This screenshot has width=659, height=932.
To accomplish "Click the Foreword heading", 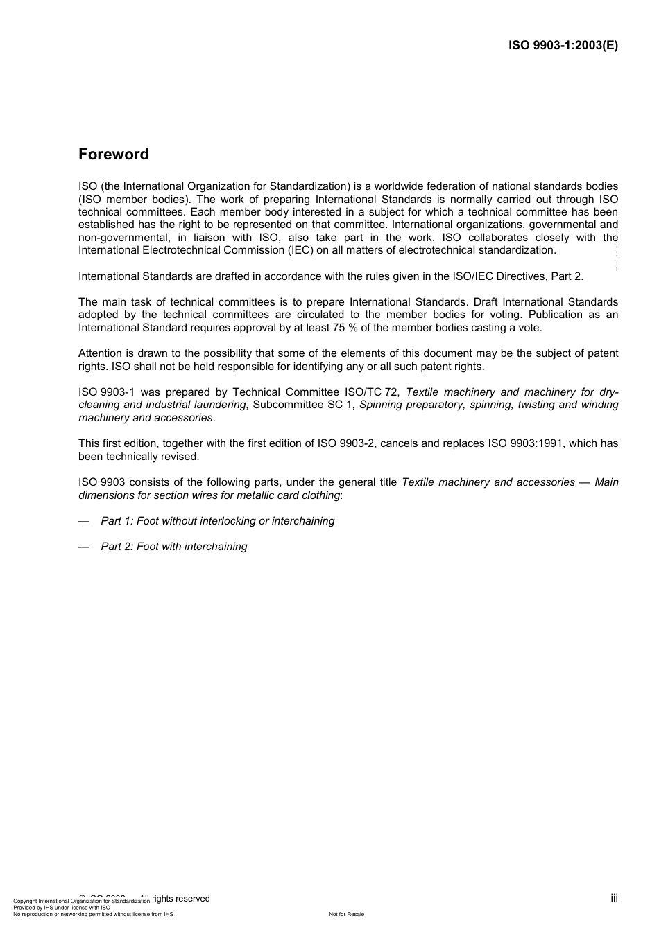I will pos(113,155).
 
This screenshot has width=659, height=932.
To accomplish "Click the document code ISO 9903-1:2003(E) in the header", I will pos(563,46).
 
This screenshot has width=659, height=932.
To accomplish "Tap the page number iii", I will pos(614,898).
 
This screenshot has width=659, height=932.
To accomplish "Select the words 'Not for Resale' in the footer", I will pos(346,914).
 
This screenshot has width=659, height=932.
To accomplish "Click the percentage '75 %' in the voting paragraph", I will pos(350,328).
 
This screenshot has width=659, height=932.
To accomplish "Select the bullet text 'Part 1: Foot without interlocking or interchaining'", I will pos(217,521).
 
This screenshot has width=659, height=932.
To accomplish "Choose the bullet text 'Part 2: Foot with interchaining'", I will pos(173,547).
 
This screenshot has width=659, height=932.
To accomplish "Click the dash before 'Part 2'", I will pos(84,547).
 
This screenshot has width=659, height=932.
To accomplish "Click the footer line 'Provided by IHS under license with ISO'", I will pos(62,907).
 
